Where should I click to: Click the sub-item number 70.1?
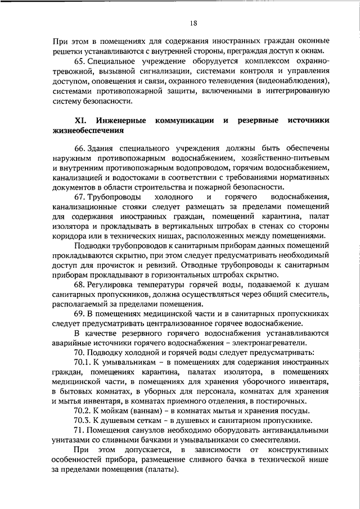tap(83, 361)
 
